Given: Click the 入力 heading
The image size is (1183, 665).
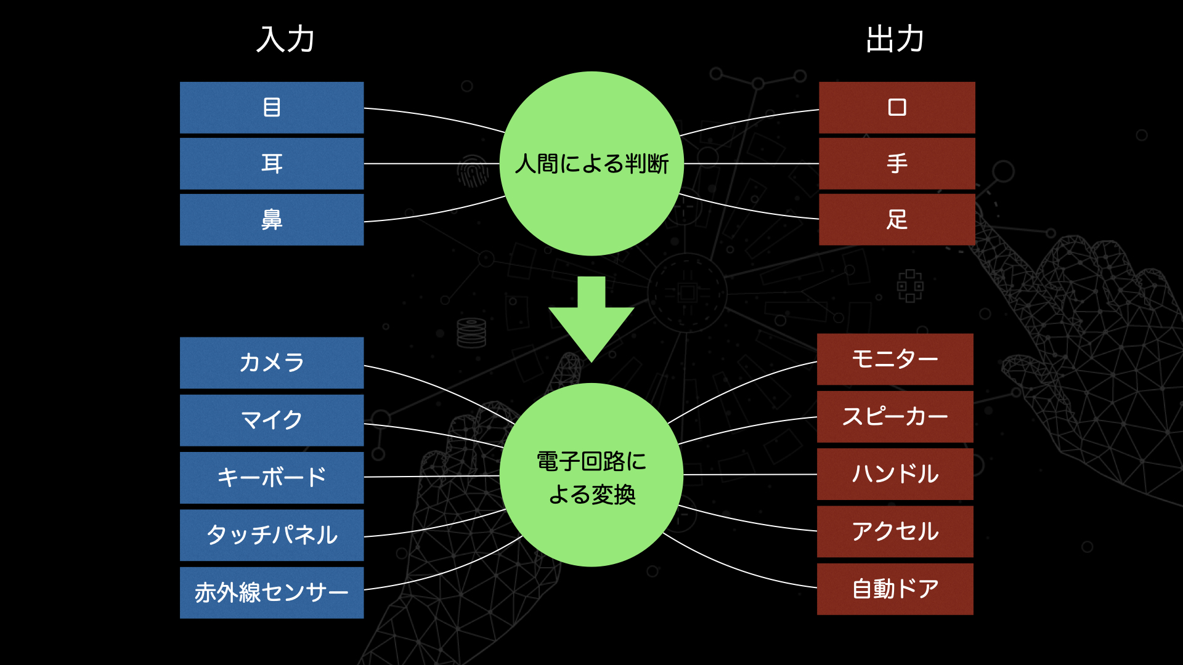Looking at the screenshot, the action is [x=285, y=39].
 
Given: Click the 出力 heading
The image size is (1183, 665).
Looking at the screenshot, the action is [x=895, y=39].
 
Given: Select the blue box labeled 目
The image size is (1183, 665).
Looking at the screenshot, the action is [x=272, y=108].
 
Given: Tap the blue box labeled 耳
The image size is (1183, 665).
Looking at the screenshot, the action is [x=272, y=164].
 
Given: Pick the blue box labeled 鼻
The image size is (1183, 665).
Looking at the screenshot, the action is [x=272, y=220].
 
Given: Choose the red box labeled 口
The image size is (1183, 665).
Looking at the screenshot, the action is [x=897, y=108].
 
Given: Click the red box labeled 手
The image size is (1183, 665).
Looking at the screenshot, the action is [x=897, y=164].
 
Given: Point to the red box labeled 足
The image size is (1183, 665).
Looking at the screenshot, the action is [x=897, y=220].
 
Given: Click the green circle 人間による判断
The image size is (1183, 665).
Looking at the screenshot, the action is [x=591, y=164].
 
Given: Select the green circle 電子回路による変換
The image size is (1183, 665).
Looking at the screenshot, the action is [x=591, y=475].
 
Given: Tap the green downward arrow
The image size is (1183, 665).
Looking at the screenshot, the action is [x=591, y=319].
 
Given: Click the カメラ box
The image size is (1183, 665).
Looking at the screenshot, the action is [x=272, y=363].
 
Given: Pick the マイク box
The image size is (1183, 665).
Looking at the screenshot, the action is [x=272, y=421].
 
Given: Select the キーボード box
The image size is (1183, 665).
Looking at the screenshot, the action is [x=272, y=478].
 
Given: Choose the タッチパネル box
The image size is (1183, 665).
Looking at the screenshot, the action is [x=272, y=535].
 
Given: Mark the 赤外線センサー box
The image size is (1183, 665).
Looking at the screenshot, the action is [x=272, y=593].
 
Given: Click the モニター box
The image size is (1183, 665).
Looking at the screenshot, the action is [x=895, y=360].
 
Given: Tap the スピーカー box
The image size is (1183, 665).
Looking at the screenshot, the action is [x=895, y=417].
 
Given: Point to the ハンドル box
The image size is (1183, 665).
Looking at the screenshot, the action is [x=895, y=474].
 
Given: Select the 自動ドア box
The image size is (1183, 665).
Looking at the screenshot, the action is [x=895, y=589].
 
